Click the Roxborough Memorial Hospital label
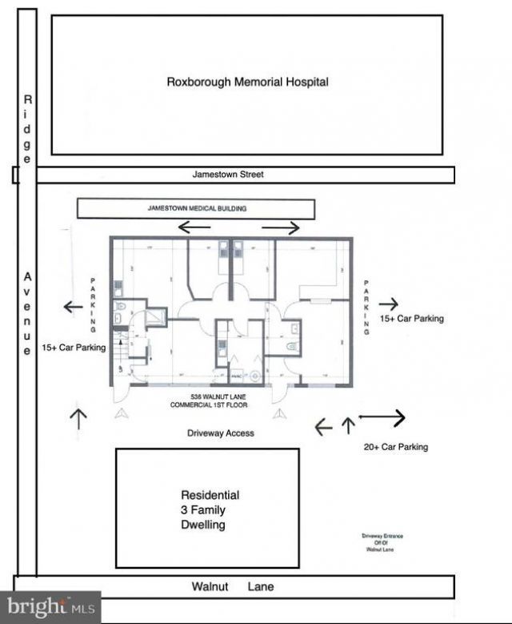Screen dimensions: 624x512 (247, 82)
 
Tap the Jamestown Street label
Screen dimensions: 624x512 (228, 174)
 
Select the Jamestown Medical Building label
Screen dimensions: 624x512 (197, 208)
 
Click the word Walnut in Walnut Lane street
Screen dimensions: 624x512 (210, 587)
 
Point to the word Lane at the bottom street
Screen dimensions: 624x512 (260, 587)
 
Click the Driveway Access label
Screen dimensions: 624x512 (221, 433)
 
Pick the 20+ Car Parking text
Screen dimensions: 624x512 (395, 447)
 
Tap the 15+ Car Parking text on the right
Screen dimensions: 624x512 (411, 319)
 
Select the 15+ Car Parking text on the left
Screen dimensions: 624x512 (74, 349)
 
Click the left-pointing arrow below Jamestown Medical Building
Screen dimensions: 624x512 (194, 227)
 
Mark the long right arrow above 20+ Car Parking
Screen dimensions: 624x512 (382, 417)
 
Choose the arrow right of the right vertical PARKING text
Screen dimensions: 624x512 (389, 304)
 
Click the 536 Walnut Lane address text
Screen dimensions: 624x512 (210, 401)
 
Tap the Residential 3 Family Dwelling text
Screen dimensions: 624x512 (209, 510)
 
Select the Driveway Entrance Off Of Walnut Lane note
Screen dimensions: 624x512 (378, 542)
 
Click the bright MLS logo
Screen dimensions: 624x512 (50, 607)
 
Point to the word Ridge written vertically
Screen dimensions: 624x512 (27, 129)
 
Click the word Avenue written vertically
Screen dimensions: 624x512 (27, 313)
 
